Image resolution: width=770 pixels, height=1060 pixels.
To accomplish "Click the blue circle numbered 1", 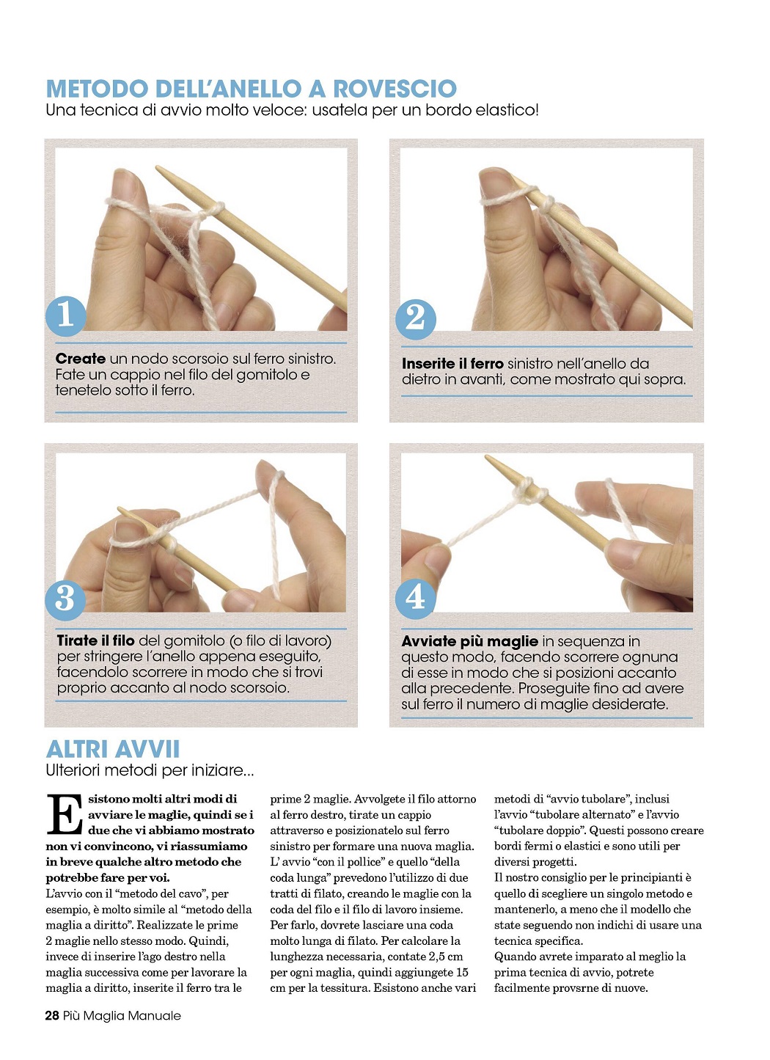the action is (66, 315).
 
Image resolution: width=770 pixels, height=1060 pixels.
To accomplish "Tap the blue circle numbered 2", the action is (415, 318).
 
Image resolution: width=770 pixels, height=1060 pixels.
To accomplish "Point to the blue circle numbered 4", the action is (415, 598).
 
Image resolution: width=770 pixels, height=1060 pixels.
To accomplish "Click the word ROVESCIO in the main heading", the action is (395, 89).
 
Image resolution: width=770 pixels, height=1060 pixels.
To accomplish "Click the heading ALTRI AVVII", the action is (113, 749).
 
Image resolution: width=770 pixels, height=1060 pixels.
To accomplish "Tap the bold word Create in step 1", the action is (81, 359).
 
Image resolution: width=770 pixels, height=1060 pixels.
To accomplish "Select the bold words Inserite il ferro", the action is (452, 363).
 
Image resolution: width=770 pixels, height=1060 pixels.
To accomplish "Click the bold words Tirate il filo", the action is (95, 640).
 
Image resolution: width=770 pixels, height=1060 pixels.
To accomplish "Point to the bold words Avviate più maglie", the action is (469, 641).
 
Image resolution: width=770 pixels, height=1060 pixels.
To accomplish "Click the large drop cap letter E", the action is (65, 814).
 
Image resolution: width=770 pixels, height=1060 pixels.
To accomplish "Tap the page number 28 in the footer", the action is (52, 1015).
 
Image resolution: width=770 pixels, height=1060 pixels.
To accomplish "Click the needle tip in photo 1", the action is (158, 167).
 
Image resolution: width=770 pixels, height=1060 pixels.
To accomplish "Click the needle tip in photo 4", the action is (487, 457).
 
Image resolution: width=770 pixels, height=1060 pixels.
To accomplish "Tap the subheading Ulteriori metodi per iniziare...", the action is (150, 771).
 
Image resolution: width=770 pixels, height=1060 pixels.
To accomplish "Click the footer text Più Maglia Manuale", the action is (122, 1015).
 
